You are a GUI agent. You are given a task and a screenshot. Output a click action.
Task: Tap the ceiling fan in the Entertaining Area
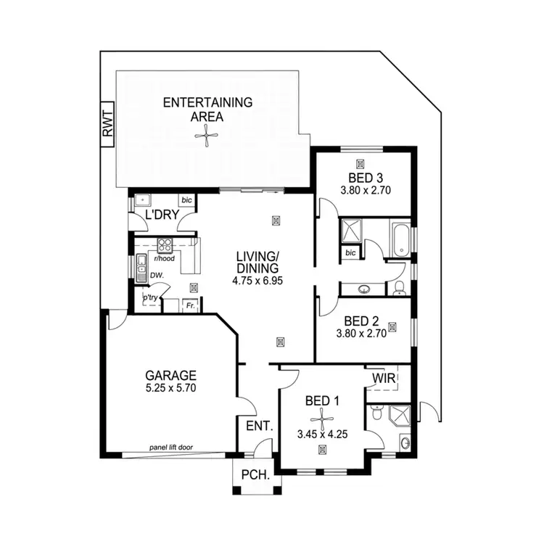click(207, 136)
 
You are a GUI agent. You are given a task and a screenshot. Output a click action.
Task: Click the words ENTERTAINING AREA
click(207, 109)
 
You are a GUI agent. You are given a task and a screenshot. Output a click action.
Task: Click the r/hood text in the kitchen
click(165, 258)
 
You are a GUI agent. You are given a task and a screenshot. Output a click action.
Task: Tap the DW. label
click(156, 276)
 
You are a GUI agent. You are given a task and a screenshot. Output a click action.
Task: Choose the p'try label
click(150, 297)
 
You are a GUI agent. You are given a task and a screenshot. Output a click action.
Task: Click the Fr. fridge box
click(191, 306)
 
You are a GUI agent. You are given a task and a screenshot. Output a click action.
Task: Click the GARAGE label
click(171, 375)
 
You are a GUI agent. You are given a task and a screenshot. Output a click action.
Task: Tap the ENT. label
click(258, 426)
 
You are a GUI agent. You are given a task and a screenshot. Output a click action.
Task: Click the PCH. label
click(256, 477)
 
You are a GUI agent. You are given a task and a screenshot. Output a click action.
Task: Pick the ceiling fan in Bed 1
click(321, 419)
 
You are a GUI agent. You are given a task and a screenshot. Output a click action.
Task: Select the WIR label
click(384, 379)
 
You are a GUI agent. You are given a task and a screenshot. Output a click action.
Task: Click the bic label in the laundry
click(186, 199)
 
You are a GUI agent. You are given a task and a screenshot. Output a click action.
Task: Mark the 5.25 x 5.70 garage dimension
click(171, 388)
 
